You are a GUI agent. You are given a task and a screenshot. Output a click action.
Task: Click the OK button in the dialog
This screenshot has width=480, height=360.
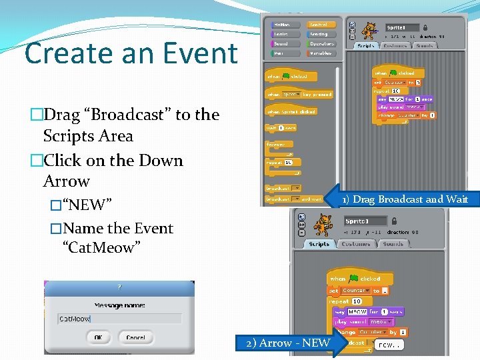[98, 337]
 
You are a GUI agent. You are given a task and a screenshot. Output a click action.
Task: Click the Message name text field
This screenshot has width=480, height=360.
[119, 319]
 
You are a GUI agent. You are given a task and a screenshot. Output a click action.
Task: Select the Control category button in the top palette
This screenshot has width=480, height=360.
[321, 25]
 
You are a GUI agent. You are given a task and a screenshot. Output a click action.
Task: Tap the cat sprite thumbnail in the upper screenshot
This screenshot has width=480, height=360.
[369, 31]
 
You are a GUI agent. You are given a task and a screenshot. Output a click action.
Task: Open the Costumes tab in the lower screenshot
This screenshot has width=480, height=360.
[355, 245]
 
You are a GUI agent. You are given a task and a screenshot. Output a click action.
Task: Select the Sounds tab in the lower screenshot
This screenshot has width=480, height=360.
[393, 245]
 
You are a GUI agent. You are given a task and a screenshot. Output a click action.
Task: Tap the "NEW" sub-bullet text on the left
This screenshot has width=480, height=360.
[87, 204]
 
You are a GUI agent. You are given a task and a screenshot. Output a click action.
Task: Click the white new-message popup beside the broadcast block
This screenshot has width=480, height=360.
[388, 345]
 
